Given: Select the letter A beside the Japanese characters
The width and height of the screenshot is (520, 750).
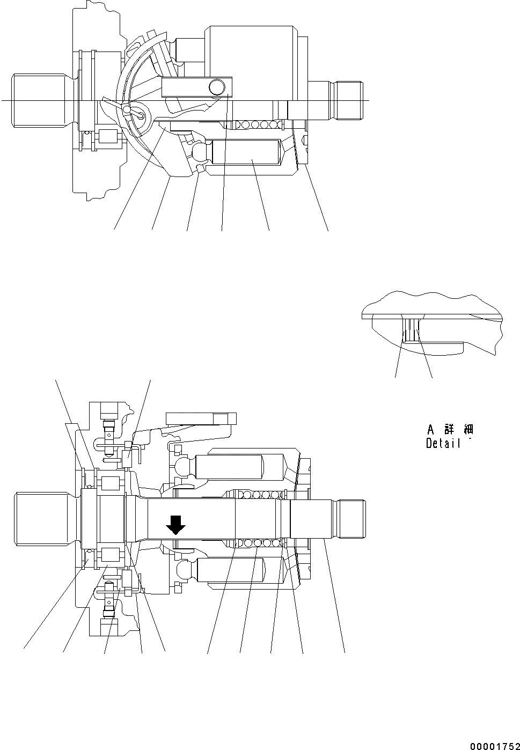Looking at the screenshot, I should point(430,430).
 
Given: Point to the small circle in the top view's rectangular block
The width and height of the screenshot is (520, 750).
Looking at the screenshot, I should point(217,86).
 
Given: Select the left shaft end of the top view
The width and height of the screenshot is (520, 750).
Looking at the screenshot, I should point(41,100).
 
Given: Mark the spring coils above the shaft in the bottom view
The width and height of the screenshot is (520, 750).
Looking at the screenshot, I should point(257,494).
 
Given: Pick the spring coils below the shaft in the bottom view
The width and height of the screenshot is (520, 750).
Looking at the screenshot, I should point(257,543).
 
